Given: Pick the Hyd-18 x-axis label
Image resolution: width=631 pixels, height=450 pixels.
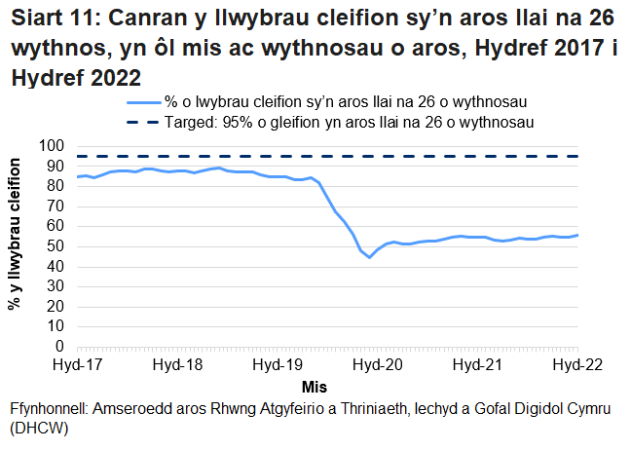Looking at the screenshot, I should click(177, 364).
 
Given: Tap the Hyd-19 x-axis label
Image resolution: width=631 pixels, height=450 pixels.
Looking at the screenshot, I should click(278, 364).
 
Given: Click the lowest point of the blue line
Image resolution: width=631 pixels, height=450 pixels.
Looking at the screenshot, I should click(369, 257).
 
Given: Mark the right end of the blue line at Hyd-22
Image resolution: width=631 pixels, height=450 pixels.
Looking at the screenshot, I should click(578, 235).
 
